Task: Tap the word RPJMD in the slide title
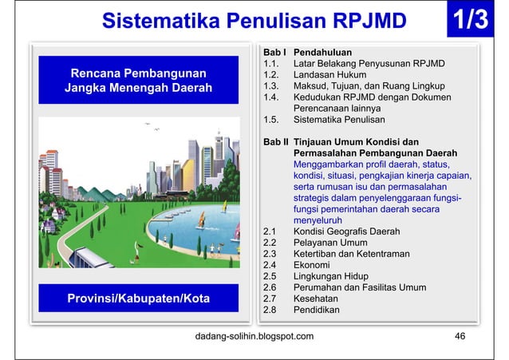coord(369,20)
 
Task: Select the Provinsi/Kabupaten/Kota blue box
coord(139,299)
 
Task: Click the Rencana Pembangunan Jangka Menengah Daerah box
coord(139,80)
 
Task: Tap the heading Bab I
coord(274,50)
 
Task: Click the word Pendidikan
coord(318,310)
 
